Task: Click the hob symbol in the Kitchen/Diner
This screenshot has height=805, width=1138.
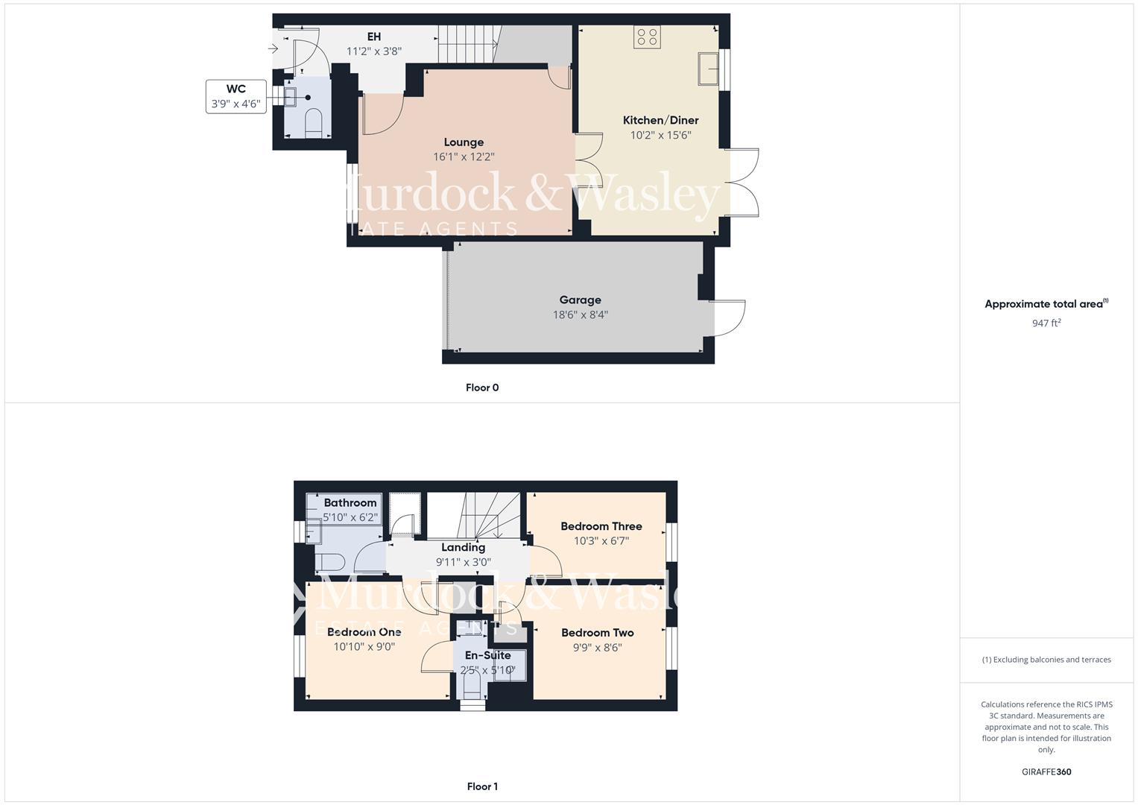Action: click(x=647, y=37)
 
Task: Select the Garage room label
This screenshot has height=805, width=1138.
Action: click(x=580, y=300)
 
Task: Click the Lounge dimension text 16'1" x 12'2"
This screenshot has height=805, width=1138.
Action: click(x=464, y=157)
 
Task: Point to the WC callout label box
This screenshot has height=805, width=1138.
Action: click(x=236, y=96)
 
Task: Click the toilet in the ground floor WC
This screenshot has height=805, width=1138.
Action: click(x=313, y=123)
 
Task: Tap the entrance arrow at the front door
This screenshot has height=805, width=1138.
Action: click(x=274, y=49)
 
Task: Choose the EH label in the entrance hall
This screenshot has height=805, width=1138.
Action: click(x=374, y=37)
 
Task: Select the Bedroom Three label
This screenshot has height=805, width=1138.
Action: click(x=601, y=526)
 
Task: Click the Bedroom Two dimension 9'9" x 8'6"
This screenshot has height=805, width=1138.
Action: click(x=597, y=648)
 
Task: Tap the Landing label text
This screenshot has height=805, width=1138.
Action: click(x=463, y=547)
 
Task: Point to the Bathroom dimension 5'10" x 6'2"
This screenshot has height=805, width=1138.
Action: click(x=350, y=517)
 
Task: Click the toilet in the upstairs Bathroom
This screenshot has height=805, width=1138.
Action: click(x=328, y=561)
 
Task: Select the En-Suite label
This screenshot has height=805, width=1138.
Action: click(x=487, y=655)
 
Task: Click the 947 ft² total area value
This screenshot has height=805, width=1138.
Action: click(x=1046, y=323)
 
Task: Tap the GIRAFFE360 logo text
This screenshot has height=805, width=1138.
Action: click(x=1046, y=772)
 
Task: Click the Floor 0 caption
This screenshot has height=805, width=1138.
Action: click(x=482, y=388)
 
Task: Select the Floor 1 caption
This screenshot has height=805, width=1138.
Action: click(x=482, y=786)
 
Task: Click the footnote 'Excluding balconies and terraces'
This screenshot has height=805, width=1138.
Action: click(x=1046, y=660)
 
